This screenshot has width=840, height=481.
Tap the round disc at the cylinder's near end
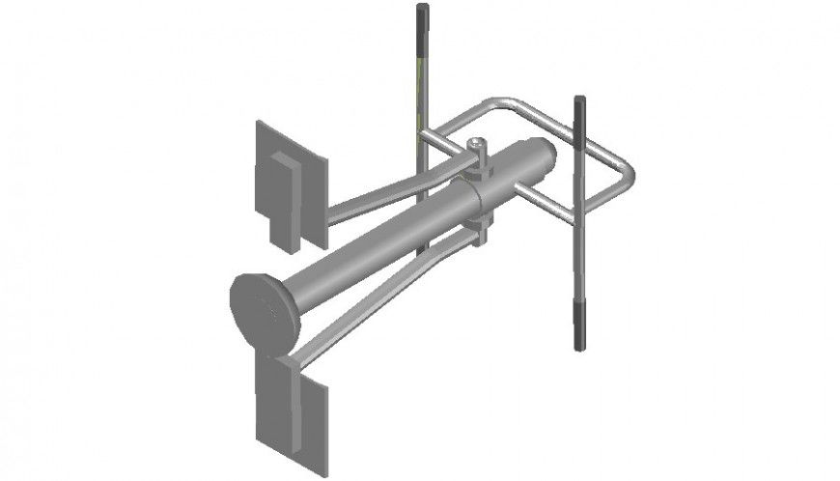[x=264, y=311]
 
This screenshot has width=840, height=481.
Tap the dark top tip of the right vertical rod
[x=580, y=104]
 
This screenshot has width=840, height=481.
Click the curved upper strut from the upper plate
[x=386, y=193]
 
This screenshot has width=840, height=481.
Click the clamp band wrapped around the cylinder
[x=480, y=188]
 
